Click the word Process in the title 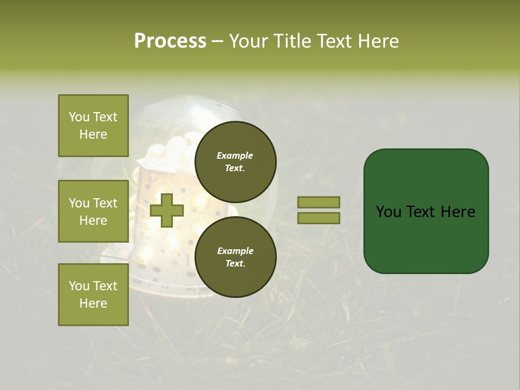170,41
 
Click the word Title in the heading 290,41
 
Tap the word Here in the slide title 377,41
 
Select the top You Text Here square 93,126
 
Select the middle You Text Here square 93,211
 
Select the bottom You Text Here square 93,295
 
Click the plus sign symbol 167,210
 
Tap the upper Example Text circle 235,161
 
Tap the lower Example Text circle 235,257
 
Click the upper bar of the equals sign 319,202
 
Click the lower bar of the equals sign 319,218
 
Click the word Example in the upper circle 235,155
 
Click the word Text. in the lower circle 235,263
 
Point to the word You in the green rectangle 388,212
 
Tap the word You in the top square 79,117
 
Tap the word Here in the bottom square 93,303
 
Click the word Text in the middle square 105,203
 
